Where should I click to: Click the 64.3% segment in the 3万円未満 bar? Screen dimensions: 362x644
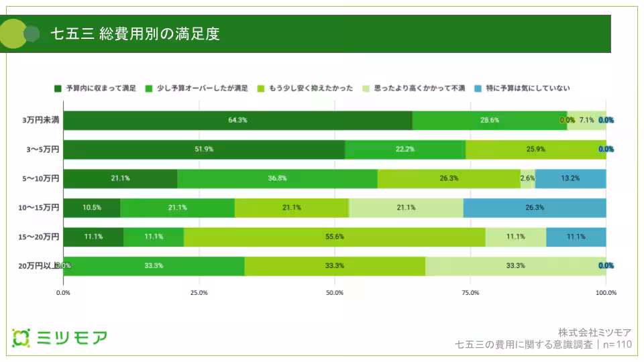point(237,121)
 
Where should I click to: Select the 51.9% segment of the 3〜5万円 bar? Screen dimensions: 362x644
point(204,149)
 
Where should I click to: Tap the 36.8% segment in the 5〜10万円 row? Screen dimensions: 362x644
point(277,178)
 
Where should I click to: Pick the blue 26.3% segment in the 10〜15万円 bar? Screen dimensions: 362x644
point(534,208)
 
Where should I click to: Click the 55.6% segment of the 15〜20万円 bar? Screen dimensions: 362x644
point(334,237)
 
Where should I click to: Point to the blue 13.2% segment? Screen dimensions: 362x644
point(570,178)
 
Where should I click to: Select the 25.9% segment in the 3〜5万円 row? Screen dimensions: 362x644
point(535,149)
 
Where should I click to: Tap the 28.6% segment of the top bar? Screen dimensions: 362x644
point(489,121)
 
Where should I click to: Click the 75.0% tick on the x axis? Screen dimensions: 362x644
point(470,292)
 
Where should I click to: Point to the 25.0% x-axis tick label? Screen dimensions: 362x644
point(199,292)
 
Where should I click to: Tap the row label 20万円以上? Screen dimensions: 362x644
point(38,265)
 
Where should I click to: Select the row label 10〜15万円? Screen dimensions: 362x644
point(38,208)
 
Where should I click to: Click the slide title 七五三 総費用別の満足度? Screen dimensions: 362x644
point(135,34)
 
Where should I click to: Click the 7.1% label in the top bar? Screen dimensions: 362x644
point(586,121)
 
